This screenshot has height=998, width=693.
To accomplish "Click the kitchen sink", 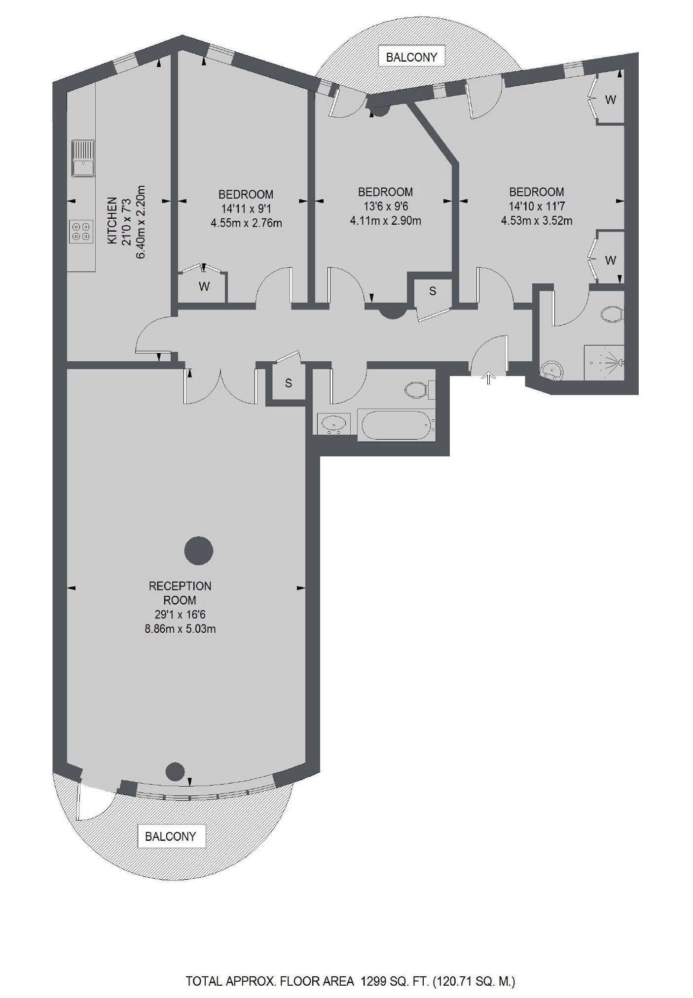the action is tap(83, 158).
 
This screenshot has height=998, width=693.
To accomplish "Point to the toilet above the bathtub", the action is tap(419, 390).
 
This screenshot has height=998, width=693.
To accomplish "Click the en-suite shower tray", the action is tap(604, 362).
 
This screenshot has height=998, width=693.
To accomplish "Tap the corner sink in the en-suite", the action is tap(552, 370).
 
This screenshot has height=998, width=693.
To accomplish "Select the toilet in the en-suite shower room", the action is tap(613, 313).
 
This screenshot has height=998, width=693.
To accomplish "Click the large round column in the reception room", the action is tap(198, 551).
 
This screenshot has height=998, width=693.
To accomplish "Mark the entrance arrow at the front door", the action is tap(488, 378).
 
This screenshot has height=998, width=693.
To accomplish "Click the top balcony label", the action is tap(411, 57).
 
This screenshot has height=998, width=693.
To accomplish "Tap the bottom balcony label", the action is tap(171, 836).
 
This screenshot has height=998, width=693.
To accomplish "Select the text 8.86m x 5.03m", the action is tap(180, 629).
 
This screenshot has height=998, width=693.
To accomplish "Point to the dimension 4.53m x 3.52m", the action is tap(537, 220).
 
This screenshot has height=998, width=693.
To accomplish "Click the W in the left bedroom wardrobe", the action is tap(204, 286).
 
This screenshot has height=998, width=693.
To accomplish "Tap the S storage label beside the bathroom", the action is tap(289, 383).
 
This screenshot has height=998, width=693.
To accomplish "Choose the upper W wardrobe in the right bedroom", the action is tap(610, 100).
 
